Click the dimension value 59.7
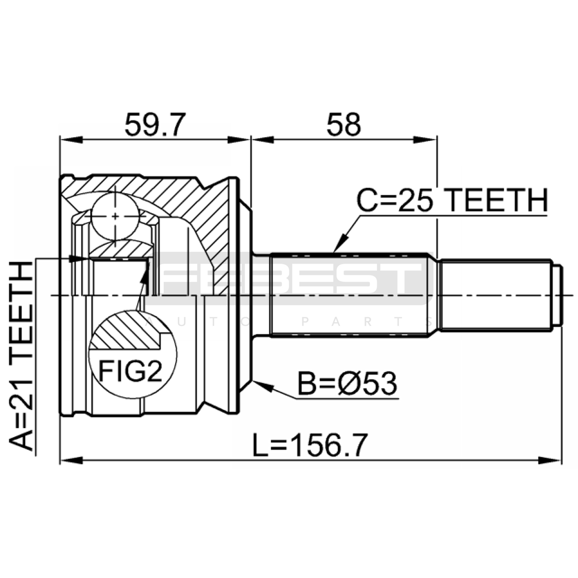pos(155,124)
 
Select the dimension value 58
pos(343,124)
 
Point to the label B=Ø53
pos(347,384)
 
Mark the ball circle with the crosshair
pos(115,216)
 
